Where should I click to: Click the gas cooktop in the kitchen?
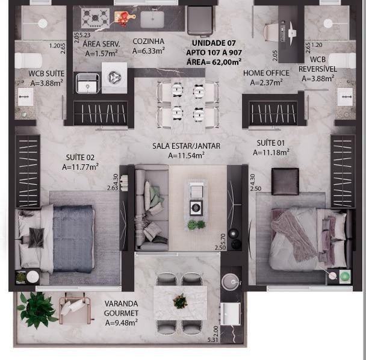(x=96, y=18)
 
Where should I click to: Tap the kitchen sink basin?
(x=152, y=19)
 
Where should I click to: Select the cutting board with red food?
(x=123, y=17)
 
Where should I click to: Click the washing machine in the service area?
(x=114, y=78)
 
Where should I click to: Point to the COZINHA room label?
(x=149, y=42)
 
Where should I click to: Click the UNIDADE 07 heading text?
(x=214, y=43)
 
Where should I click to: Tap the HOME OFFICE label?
(x=266, y=73)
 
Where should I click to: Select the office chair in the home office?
(x=273, y=31)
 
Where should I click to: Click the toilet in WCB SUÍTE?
(x=28, y=60)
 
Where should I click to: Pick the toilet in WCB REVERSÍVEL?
(x=342, y=60)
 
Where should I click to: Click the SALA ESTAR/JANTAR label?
(x=186, y=146)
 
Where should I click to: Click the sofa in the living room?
(x=152, y=208)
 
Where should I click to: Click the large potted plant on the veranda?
(x=37, y=309)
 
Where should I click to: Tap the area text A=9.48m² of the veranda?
(x=122, y=323)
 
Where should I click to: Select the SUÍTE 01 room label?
(x=271, y=143)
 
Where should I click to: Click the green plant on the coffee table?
(x=196, y=225)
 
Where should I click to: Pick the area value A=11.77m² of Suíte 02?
(x=80, y=167)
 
